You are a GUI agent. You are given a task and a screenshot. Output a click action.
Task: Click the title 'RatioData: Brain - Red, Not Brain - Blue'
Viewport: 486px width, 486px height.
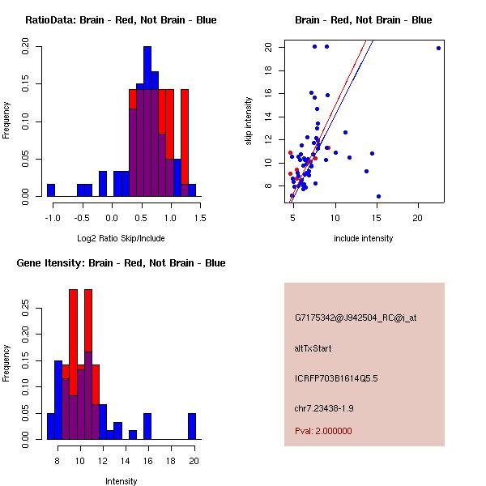coord(121,20)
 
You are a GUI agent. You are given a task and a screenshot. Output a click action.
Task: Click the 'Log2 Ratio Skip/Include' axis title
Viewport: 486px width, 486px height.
coord(121,237)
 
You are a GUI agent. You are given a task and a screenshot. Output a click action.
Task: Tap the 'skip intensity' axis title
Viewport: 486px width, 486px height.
coord(249,122)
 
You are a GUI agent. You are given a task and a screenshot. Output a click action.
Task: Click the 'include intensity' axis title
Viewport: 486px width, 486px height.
coord(364,237)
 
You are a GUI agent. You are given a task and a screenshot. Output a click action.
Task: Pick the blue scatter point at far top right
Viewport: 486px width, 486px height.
coord(438,48)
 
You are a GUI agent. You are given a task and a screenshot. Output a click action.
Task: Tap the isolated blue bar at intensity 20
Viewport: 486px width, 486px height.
coord(192,426)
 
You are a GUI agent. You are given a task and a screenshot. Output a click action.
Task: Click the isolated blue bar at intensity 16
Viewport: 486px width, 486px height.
coord(147,426)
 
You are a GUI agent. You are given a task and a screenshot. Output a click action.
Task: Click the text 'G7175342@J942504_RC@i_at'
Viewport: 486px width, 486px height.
coord(356,318)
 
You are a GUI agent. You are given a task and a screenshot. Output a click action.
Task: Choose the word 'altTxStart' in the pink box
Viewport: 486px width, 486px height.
coord(313,348)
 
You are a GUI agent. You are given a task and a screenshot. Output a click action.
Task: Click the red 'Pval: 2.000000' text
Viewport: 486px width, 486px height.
coord(324,431)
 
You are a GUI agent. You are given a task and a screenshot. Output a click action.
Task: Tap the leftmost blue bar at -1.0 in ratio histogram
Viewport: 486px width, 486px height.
coord(50,190)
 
